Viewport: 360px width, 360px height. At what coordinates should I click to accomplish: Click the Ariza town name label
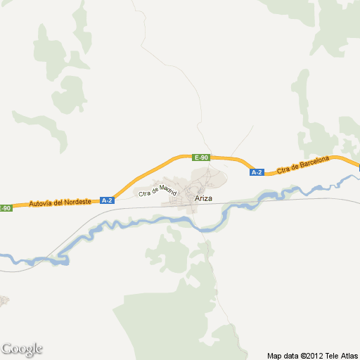203,200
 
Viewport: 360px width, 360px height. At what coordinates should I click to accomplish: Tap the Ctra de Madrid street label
157,190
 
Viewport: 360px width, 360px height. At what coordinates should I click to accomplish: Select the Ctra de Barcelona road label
303,165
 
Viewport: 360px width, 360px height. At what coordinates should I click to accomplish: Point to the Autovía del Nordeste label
60,202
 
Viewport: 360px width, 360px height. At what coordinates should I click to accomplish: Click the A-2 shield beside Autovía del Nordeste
107,200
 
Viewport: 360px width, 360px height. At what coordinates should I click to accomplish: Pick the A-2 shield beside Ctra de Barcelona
257,172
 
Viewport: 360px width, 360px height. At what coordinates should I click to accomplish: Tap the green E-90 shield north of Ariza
201,157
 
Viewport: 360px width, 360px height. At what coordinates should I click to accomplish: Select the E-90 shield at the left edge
6,208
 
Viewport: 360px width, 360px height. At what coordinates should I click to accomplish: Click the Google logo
22,349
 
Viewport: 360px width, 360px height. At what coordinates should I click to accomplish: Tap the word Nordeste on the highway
75,202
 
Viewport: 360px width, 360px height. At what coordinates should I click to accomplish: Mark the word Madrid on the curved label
167,188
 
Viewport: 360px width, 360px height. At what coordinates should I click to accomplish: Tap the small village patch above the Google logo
4,301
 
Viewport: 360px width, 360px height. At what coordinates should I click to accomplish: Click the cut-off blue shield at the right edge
358,167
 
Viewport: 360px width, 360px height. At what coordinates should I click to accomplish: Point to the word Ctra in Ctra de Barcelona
283,170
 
